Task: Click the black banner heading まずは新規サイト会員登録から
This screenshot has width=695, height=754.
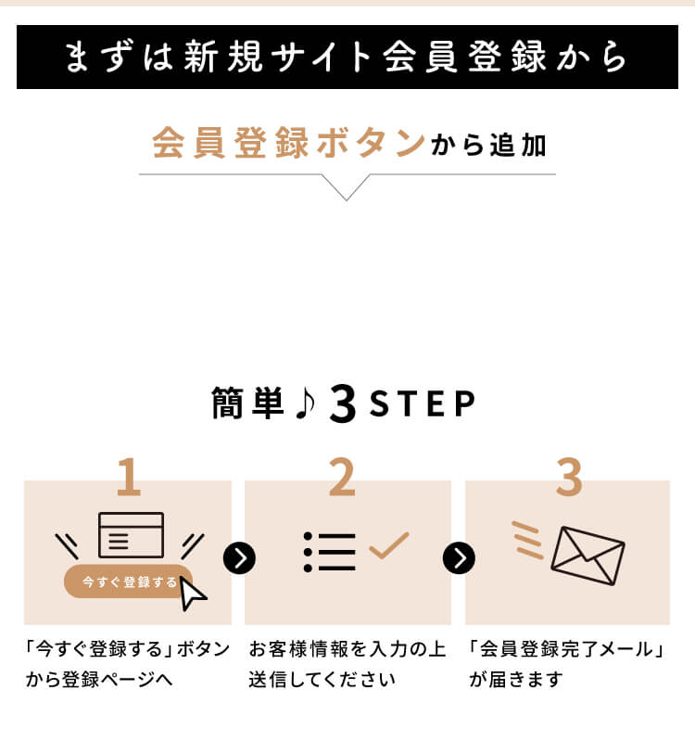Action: (x=347, y=58)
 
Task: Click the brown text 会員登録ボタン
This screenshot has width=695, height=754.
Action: (x=288, y=146)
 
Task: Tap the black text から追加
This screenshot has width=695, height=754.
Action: (x=487, y=147)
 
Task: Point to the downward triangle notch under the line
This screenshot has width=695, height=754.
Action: (x=346, y=188)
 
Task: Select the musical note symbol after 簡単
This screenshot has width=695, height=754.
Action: (x=305, y=404)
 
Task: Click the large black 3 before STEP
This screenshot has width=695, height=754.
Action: (x=342, y=405)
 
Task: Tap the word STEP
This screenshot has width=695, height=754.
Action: (x=422, y=405)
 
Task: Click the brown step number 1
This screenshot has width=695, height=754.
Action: (x=128, y=479)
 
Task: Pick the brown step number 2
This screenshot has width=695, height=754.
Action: (x=342, y=479)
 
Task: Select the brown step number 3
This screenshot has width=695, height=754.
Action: (x=568, y=479)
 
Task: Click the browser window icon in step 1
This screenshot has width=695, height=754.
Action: (x=131, y=535)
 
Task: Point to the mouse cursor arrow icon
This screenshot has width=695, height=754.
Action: (x=193, y=594)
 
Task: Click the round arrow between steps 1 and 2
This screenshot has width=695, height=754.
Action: (x=239, y=557)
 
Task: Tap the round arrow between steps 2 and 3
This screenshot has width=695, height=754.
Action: (x=459, y=557)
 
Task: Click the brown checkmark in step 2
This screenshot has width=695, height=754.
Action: (x=388, y=546)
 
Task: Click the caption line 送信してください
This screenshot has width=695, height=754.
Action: (x=322, y=679)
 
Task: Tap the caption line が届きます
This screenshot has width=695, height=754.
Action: (x=516, y=679)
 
